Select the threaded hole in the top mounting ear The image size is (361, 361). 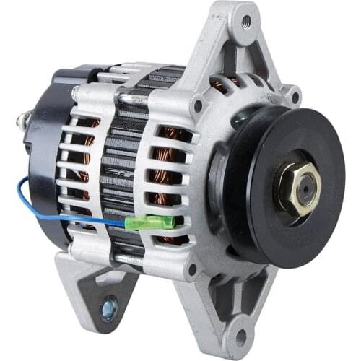tap(245, 20)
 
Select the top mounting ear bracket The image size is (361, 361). tap(238, 43)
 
